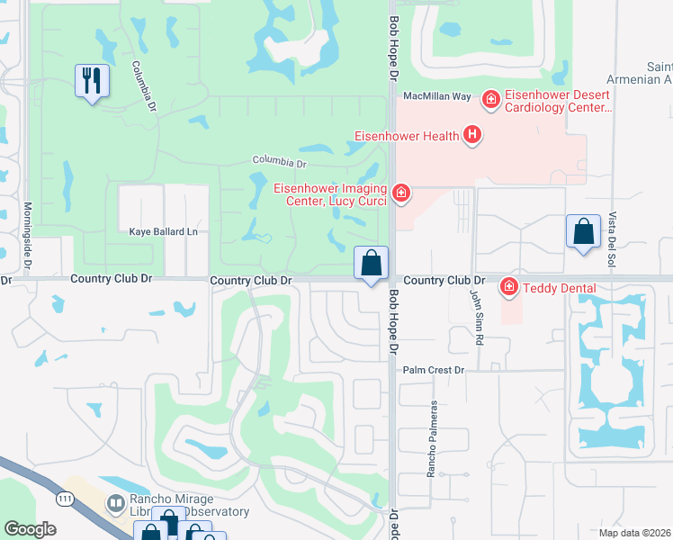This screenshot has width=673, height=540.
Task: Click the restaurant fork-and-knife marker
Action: pos(92,81)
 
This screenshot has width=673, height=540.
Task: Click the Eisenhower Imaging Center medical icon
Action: pos(401,192)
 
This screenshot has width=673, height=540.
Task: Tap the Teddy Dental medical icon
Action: pos(508,287)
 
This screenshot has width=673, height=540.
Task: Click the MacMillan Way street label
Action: pos(436,95)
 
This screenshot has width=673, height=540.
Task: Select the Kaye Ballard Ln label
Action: pos(163,232)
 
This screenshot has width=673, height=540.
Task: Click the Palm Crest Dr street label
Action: pos(433,370)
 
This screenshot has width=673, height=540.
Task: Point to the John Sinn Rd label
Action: pos(476,319)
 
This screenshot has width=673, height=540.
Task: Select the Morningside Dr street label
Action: pos(27,237)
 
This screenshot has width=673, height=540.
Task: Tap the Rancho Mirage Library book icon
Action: pos(116,503)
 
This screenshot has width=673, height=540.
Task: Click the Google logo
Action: pos(29,529)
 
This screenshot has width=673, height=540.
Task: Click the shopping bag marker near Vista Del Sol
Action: pos(583,231)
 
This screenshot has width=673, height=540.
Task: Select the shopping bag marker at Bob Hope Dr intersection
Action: pos(371,264)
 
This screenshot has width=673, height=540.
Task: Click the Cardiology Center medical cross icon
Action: pos(490,98)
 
